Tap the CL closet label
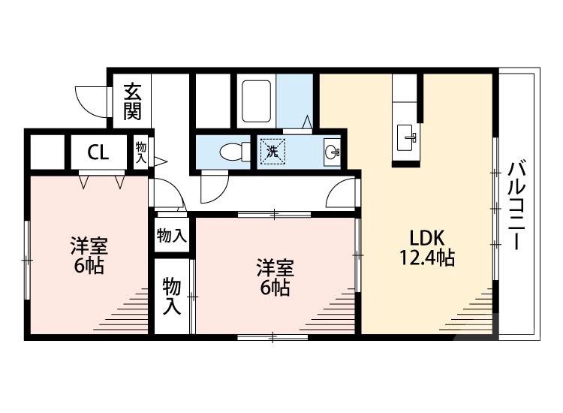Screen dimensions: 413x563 [98, 152]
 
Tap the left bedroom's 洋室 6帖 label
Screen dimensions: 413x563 [89, 255]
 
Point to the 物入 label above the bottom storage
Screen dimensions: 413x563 [172, 236]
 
